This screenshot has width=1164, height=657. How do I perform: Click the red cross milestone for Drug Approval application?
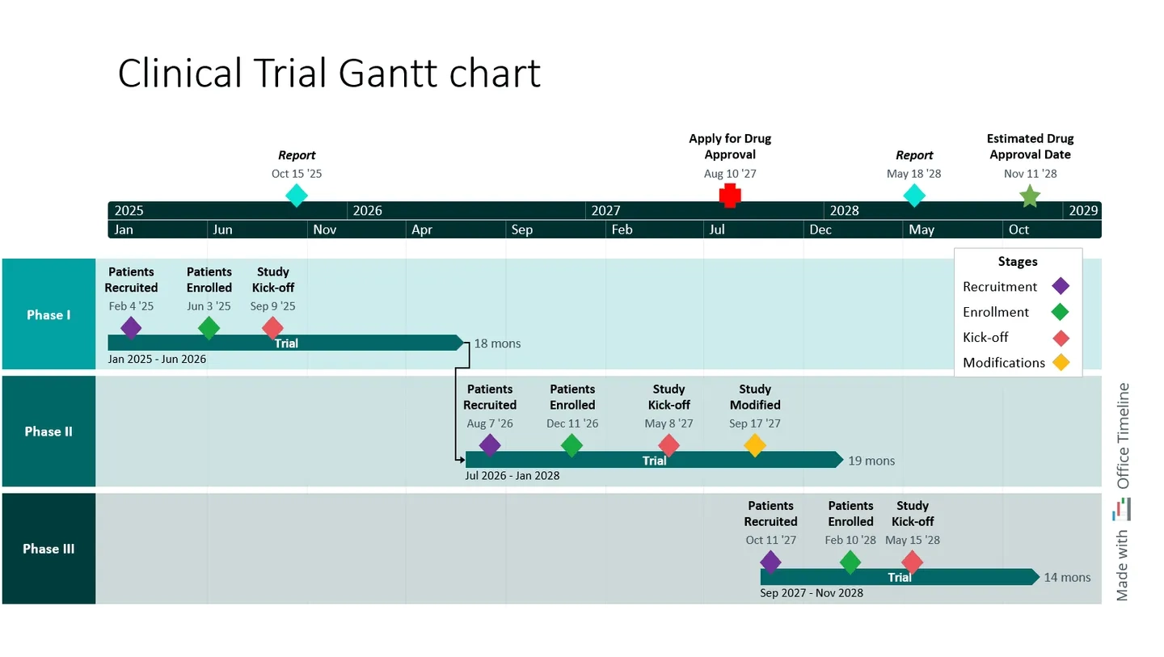[730, 196]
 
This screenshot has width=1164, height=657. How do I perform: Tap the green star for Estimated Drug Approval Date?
[1029, 196]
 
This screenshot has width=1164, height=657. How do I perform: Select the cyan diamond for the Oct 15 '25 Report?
[297, 196]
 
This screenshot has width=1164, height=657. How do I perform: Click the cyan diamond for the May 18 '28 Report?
[914, 196]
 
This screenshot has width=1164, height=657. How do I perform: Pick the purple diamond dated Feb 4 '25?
[131, 328]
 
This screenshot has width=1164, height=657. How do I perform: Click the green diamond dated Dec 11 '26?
[571, 445]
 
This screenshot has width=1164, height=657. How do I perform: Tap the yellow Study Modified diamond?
[754, 445]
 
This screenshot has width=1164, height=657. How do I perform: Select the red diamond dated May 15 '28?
[912, 562]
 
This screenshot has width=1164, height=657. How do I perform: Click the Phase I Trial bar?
[285, 343]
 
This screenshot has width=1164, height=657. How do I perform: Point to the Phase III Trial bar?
[899, 577]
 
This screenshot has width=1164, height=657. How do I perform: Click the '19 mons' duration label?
[871, 461]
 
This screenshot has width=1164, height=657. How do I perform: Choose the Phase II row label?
[48, 432]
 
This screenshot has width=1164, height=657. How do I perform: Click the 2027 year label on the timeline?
[605, 211]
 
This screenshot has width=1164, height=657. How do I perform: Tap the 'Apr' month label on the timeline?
[421, 230]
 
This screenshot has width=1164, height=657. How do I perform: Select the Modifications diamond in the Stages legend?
[1060, 363]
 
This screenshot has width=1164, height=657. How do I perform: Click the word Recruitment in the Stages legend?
[999, 287]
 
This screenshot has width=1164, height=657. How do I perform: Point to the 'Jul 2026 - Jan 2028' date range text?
[512, 475]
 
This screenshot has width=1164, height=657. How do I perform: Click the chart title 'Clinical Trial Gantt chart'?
[329, 74]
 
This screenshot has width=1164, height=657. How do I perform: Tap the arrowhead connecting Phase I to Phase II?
[462, 460]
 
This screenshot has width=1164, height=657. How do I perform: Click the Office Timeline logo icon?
[1122, 509]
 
